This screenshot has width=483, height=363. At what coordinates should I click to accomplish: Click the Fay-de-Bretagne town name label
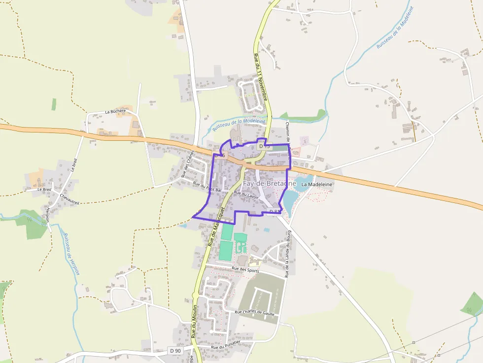click(270, 184)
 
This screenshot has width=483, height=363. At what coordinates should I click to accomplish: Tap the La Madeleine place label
click(317, 184)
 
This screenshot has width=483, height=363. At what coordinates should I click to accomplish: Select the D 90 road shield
click(175, 351)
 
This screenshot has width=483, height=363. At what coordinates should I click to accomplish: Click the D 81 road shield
click(275, 212)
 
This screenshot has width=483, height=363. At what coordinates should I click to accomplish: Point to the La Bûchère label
click(115, 112)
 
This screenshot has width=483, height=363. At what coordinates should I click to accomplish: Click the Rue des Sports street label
click(245, 269)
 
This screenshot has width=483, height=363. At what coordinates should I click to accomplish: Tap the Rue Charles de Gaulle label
click(257, 312)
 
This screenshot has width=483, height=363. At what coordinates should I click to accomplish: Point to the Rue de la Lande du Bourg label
click(288, 254)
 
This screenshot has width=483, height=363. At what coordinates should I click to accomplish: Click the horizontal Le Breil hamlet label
click(44, 189)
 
